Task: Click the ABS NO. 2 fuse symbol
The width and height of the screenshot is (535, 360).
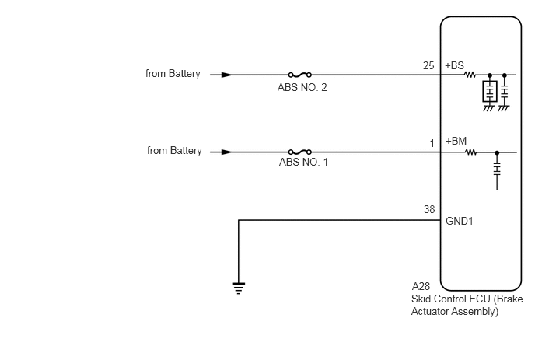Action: tap(300, 75)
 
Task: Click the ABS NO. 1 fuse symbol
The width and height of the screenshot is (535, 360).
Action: tap(300, 152)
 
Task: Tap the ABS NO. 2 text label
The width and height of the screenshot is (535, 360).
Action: tap(302, 88)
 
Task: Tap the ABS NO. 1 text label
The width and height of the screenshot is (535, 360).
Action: tap(303, 162)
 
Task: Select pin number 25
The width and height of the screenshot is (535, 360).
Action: tap(428, 65)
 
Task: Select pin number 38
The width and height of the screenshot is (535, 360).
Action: tap(429, 209)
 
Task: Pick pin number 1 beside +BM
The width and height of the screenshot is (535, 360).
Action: tap(432, 144)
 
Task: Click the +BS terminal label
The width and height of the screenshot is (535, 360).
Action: tap(454, 65)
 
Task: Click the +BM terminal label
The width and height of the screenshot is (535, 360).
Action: tap(456, 141)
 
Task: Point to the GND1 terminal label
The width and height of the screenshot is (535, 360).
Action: tap(460, 221)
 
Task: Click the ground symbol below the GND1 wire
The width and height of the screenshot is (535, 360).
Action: tap(239, 288)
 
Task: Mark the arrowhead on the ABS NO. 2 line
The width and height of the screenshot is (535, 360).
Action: tap(226, 75)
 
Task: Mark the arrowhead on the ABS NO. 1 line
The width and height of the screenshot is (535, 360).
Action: tap(226, 152)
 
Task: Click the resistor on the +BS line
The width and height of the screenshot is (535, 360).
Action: tap(470, 75)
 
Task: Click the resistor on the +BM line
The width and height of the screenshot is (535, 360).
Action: tap(471, 152)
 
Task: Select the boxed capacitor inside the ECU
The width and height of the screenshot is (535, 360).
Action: tap(490, 92)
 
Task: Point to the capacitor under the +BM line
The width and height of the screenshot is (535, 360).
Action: tap(497, 169)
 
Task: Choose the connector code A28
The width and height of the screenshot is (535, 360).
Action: tap(421, 286)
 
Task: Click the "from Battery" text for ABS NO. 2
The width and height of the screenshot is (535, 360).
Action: tap(173, 74)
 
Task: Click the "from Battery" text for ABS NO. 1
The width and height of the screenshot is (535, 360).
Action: tap(174, 151)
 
